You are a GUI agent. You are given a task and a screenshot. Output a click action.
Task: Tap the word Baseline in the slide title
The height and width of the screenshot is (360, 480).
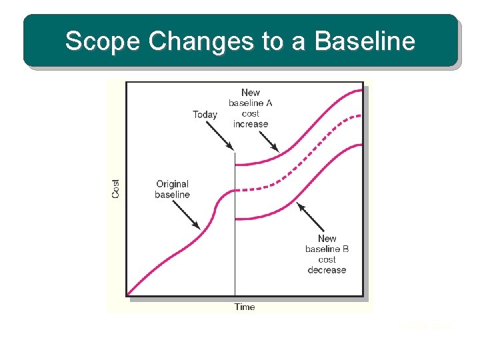coord(365,41)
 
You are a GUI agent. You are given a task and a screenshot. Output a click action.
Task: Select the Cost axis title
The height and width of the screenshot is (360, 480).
coord(116,189)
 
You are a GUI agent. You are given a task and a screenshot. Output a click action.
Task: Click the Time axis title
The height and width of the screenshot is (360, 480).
coord(245,307)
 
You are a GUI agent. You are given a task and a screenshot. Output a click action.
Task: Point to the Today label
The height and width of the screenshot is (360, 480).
coord(205,115)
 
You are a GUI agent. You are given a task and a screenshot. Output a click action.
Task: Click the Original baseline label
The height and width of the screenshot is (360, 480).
coord(172,189)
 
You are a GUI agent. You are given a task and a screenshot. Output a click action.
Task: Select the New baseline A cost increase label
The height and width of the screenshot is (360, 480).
coord(251,108)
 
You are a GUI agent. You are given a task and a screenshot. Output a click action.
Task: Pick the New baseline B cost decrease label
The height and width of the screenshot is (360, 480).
coord(327,254)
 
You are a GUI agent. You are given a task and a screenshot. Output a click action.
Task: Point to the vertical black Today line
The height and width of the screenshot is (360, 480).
coord(235,253)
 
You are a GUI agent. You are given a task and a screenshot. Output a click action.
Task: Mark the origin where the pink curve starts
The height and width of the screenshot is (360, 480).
coord(127,295)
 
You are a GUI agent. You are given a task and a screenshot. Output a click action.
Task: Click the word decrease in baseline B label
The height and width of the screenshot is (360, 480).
coord(327,270)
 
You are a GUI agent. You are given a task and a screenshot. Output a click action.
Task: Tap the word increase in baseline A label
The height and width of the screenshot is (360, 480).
coord(251,124)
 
